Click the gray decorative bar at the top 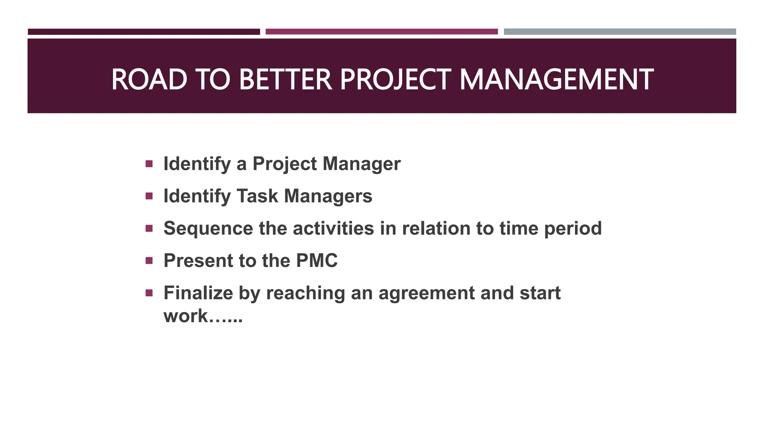[620, 32]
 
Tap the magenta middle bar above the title [382, 32]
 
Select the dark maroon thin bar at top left [144, 32]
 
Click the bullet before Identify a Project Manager [149, 163]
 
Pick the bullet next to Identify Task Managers [149, 196]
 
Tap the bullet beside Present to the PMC [149, 260]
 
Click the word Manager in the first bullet [361, 164]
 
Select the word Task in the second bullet [257, 196]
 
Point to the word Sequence [208, 228]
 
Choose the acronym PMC [316, 261]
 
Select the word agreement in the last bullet [426, 293]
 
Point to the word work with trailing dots [203, 316]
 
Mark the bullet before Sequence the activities [149, 228]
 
